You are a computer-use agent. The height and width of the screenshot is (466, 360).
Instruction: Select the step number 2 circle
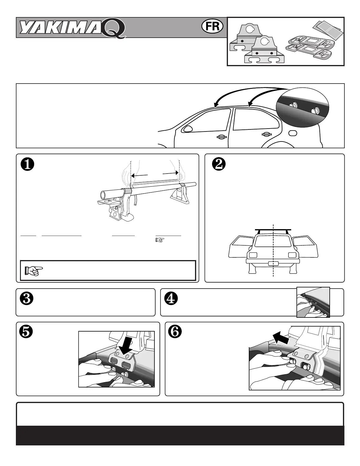219,165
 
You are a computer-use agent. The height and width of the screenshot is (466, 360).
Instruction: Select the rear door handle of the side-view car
267,135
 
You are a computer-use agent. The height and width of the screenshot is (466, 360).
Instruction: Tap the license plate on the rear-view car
273,263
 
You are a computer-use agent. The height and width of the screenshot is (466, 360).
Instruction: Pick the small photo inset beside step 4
313,302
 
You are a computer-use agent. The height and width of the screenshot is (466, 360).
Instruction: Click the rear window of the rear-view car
273,241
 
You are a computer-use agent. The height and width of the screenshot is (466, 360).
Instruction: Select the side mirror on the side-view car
188,128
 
